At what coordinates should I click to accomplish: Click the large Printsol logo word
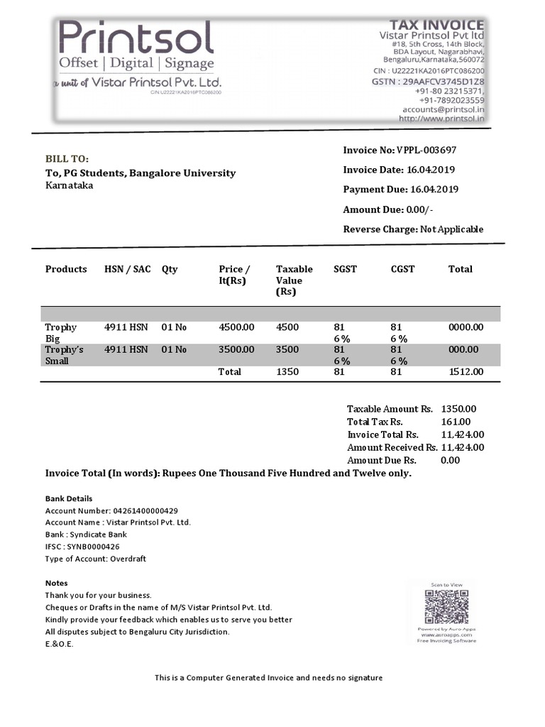pyautogui.click(x=136, y=38)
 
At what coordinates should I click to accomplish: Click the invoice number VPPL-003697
pyautogui.click(x=426, y=150)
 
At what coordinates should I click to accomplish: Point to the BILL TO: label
pyautogui.click(x=67, y=158)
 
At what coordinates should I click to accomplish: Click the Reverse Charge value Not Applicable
pyautogui.click(x=451, y=229)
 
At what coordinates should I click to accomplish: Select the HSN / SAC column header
pyautogui.click(x=127, y=269)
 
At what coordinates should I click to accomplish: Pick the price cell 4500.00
pyautogui.click(x=236, y=327)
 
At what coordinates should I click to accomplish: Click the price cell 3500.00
pyautogui.click(x=236, y=349)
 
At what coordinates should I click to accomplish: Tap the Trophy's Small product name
pyautogui.click(x=64, y=355)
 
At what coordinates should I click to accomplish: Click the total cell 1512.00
pyautogui.click(x=466, y=371)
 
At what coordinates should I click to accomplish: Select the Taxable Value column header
pyautogui.click(x=294, y=280)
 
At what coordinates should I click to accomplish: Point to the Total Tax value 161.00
pyautogui.click(x=456, y=422)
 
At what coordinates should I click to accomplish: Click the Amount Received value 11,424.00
pyautogui.click(x=463, y=447)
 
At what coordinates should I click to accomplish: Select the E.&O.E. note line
pyautogui.click(x=59, y=644)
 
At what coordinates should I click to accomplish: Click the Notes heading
pyautogui.click(x=57, y=583)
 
